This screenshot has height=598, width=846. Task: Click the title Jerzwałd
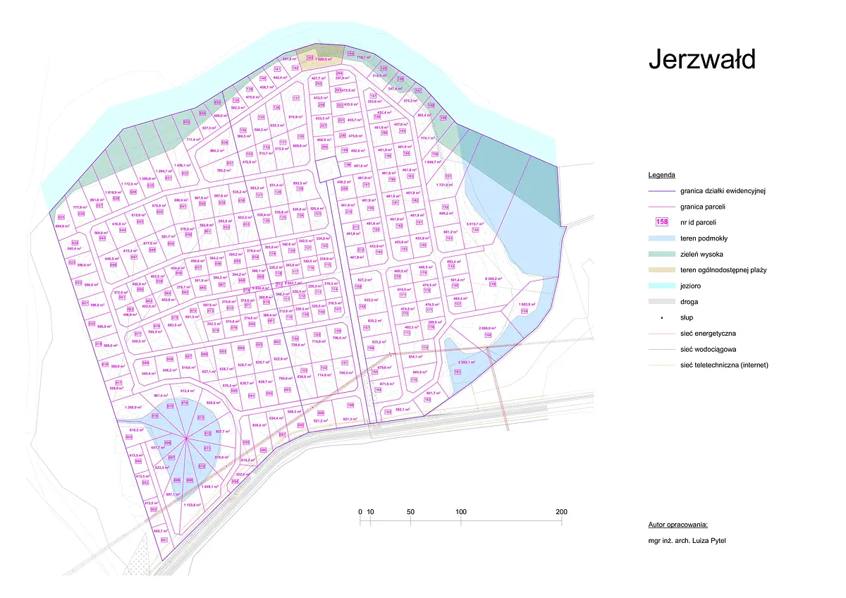point(701,60)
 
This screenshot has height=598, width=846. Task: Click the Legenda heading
point(662,174)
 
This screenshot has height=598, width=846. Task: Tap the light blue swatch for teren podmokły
point(661,239)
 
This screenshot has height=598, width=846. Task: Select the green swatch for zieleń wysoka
point(661,255)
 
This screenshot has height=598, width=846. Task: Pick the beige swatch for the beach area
point(661,270)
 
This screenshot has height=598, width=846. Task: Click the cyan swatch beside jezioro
point(661,286)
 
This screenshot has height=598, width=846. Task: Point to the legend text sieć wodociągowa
point(713,349)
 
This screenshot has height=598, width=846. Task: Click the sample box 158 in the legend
point(661,221)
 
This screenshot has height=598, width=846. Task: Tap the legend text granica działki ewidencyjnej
point(723,190)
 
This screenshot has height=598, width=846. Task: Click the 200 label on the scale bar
point(561,512)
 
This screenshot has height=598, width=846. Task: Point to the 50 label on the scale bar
point(410,512)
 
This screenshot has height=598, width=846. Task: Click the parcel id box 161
point(457,372)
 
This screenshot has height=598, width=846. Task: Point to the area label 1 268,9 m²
point(133,408)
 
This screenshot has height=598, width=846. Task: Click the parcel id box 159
point(524,310)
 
